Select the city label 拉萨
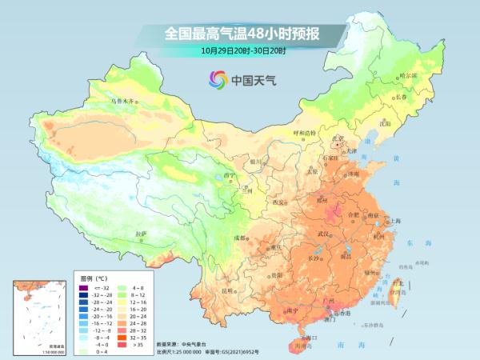tap(142, 233)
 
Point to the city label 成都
tap(239, 238)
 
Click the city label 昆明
tap(230, 290)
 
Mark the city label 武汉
tap(323, 234)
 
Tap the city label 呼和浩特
tap(305, 132)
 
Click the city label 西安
tap(278, 202)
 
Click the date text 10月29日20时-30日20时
tap(243, 50)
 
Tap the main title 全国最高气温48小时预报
tap(243, 34)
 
